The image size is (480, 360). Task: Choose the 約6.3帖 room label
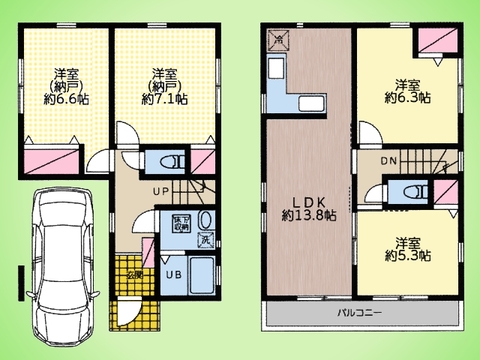[407, 98]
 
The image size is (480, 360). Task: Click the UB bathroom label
[172, 272]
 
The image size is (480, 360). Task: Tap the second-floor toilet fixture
[408, 192]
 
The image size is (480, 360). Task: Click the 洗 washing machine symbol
[204, 240]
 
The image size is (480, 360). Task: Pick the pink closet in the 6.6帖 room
[48, 156]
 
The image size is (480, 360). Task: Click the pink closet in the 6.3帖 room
[437, 41]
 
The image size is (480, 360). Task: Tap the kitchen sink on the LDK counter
[308, 104]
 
